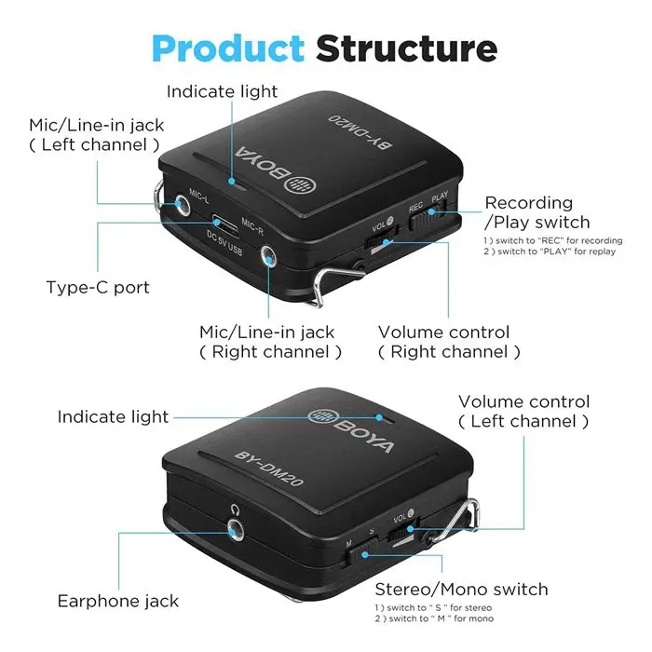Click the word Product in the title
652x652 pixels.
pos(228,48)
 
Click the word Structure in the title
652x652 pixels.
pos(406,48)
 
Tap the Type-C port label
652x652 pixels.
pos(98,287)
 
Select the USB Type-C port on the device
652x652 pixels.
pos(225,224)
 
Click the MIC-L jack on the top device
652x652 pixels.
pos(182,204)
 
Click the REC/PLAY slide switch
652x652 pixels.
pos(428,213)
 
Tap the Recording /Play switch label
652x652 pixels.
pos(537,212)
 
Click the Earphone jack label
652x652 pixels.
pos(118,601)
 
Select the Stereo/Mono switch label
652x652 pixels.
pos(461,590)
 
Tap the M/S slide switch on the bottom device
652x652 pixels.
pos(360,552)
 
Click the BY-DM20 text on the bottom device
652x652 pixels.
pos(269,469)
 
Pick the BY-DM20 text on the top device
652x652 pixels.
pos(360,131)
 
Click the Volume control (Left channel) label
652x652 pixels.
pos(523,412)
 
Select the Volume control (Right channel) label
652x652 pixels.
pos(449,342)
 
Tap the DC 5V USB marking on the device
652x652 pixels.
pos(224,242)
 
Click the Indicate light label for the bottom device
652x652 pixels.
pos(113,416)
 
